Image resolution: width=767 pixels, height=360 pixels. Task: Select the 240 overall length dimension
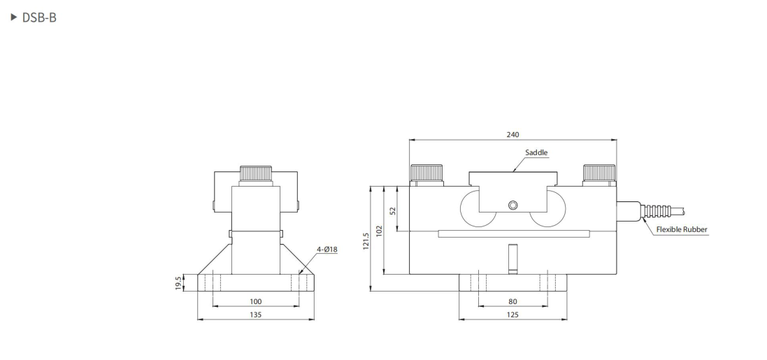513,134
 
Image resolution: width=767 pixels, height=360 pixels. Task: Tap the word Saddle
536,152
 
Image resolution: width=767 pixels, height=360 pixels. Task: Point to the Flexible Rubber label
682,229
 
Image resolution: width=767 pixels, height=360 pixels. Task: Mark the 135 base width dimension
255,315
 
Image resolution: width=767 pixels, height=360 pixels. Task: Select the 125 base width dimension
513,315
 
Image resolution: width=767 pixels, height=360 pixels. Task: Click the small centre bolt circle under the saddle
513,205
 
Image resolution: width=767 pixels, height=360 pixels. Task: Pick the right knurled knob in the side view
599,173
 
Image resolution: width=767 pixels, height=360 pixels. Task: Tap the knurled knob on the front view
256,173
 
